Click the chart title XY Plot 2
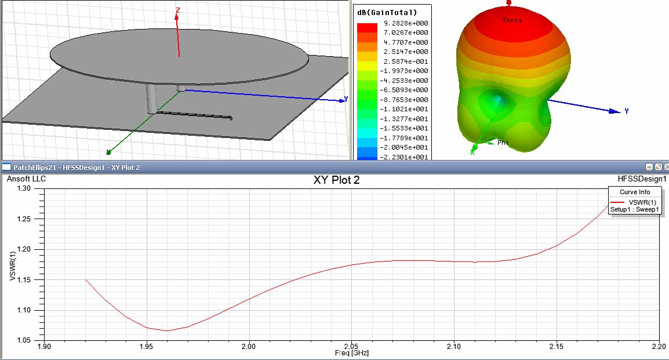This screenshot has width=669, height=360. point(336,180)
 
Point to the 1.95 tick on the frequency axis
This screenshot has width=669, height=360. point(146,346)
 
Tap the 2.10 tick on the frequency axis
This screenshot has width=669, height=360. point(454,346)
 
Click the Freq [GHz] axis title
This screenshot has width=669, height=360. point(351,352)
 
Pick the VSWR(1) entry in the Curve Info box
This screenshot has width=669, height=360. point(641,202)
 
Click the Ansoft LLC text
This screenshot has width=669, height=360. point(26,179)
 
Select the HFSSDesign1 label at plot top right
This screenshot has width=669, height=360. point(642,179)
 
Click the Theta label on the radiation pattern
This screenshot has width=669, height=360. point(512,21)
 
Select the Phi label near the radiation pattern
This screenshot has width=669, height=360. point(503,143)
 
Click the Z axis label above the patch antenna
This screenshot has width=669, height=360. point(178,10)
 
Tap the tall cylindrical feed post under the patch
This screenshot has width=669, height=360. point(151,99)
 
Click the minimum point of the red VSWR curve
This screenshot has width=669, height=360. point(167,330)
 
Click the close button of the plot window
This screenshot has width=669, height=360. point(664,167)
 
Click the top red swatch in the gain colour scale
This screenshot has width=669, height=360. point(366,27)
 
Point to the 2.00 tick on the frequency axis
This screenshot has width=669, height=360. point(249,346)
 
